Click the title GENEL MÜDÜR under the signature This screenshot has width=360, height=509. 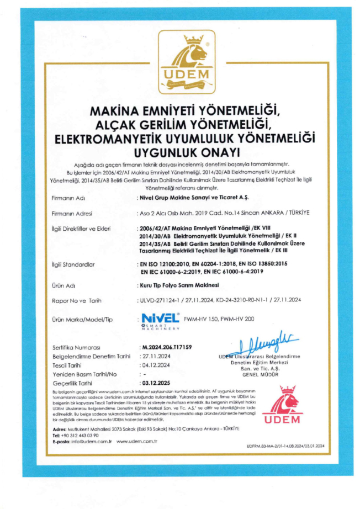click(261, 374)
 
